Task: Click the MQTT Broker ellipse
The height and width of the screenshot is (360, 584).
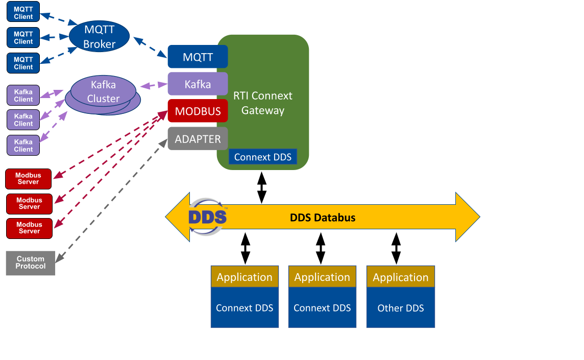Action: click(x=99, y=37)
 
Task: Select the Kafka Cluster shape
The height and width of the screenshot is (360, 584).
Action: click(x=103, y=92)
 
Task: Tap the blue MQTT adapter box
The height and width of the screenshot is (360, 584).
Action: click(x=197, y=57)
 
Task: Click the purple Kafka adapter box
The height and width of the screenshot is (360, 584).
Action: click(x=197, y=84)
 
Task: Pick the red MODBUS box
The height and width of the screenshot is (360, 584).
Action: click(x=197, y=111)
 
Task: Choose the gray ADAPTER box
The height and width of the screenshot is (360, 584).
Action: click(x=197, y=138)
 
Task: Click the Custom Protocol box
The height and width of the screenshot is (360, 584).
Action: click(x=30, y=262)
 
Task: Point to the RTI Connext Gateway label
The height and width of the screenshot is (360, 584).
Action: click(x=263, y=103)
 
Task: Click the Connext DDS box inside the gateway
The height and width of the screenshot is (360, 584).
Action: click(x=262, y=157)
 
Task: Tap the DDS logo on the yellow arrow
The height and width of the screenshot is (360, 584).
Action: click(x=207, y=217)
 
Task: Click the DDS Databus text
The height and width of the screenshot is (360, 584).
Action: click(x=322, y=218)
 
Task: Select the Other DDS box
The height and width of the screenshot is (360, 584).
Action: click(x=400, y=308)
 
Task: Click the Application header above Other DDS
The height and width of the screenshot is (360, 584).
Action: click(x=400, y=277)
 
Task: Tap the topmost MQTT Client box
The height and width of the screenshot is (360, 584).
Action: click(x=23, y=13)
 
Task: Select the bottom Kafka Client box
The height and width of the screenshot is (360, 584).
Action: click(x=23, y=145)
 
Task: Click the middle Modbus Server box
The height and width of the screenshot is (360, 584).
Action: click(x=29, y=203)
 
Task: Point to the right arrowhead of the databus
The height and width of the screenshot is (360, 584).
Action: click(x=467, y=217)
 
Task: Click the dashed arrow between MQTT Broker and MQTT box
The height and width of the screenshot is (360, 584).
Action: click(x=151, y=46)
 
